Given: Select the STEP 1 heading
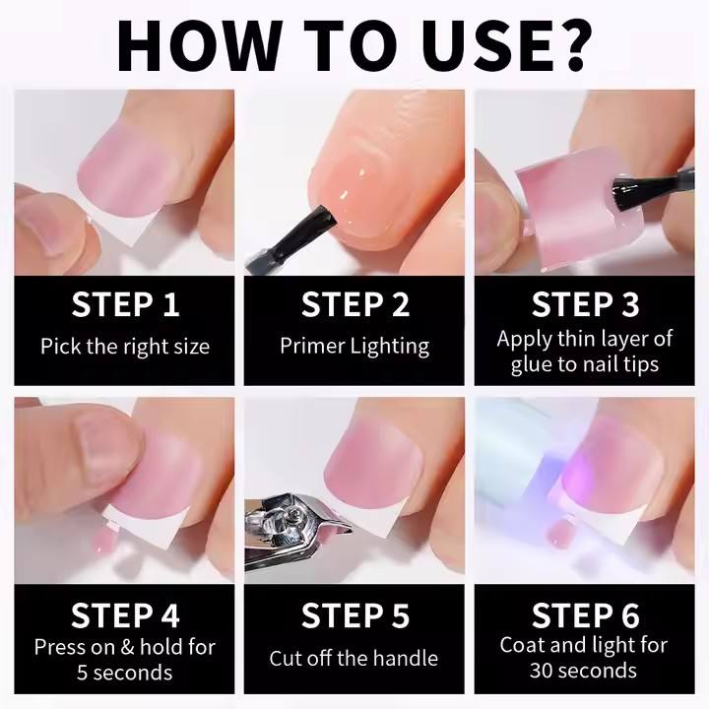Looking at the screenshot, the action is (x=125, y=304).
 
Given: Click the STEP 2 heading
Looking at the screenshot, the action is (x=355, y=304).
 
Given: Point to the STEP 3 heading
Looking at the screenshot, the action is (x=585, y=304).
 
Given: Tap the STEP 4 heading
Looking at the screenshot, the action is (x=125, y=614).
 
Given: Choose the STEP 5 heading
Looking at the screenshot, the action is (x=355, y=614).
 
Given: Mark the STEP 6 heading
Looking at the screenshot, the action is (x=585, y=614).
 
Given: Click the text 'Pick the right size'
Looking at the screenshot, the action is (x=125, y=347).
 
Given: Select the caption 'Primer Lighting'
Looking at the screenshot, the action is (x=354, y=347).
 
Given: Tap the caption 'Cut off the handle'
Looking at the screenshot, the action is (x=354, y=659).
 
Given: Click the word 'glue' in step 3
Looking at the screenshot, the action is (x=531, y=365).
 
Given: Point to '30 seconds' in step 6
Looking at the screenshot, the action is (x=583, y=671).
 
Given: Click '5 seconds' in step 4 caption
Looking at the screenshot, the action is (x=125, y=673).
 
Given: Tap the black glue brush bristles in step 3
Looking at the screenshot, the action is (x=623, y=194).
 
